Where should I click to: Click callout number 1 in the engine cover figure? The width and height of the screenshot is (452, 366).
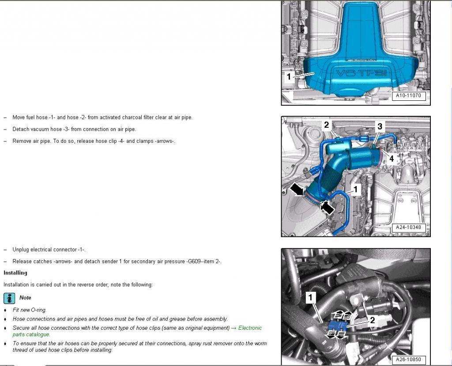(x=289, y=76)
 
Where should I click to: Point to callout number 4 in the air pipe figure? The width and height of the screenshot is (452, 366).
(x=391, y=158)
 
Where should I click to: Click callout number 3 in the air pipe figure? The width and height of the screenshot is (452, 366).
(x=380, y=126)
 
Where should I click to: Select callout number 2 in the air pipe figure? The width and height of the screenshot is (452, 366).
(x=326, y=125)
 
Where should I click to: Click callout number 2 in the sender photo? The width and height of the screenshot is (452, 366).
(x=372, y=320)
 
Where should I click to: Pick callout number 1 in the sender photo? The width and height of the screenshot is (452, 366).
(x=310, y=297)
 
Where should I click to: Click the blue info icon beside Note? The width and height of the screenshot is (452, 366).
(x=9, y=298)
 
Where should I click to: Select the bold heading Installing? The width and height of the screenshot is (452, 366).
(x=15, y=273)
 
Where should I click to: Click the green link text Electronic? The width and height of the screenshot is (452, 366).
(x=250, y=328)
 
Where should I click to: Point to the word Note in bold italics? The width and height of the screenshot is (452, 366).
(x=25, y=298)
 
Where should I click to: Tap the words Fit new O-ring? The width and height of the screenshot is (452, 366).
(x=30, y=310)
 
